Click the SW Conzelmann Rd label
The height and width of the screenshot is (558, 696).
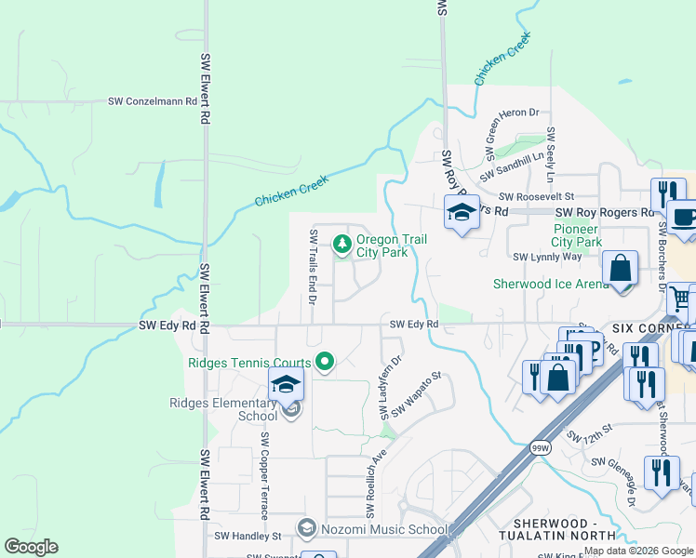click(x=153, y=101)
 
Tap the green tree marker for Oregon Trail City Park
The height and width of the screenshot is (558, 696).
click(x=343, y=245)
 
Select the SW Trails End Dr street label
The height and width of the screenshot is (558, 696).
click(x=314, y=268)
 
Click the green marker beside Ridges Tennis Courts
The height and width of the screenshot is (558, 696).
click(x=325, y=362)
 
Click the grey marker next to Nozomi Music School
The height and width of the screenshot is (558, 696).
click(x=306, y=529)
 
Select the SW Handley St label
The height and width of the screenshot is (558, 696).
click(x=248, y=537)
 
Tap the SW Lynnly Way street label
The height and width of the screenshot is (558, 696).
click(x=547, y=257)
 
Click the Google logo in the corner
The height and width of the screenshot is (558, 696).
click(x=31, y=547)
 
